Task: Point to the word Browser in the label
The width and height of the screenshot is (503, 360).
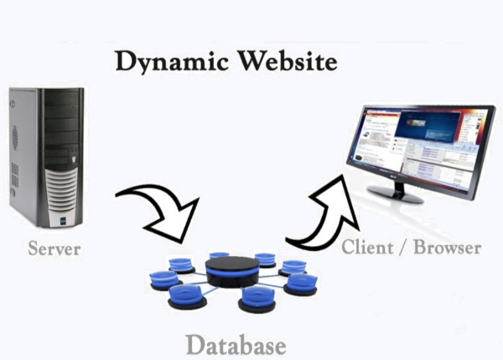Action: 450,248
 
